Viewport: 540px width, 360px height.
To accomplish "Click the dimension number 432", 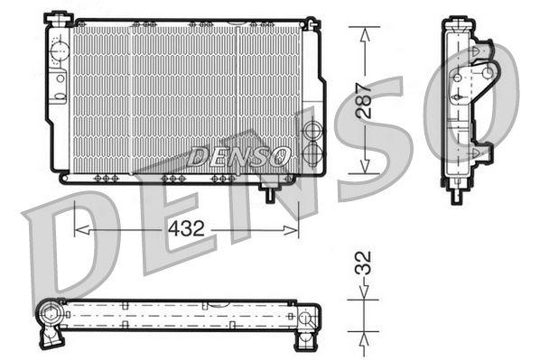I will pyautogui.click(x=185, y=230).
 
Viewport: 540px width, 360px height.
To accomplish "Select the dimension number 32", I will pyautogui.click(x=363, y=264).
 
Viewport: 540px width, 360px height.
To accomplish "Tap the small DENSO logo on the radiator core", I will pyautogui.click(x=240, y=155).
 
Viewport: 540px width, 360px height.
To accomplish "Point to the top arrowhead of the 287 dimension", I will pyautogui.click(x=365, y=32).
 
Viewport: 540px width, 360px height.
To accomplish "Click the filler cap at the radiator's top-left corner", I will pyautogui.click(x=59, y=19).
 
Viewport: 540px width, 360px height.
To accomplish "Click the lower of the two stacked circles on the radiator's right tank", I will pyautogui.click(x=313, y=153).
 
